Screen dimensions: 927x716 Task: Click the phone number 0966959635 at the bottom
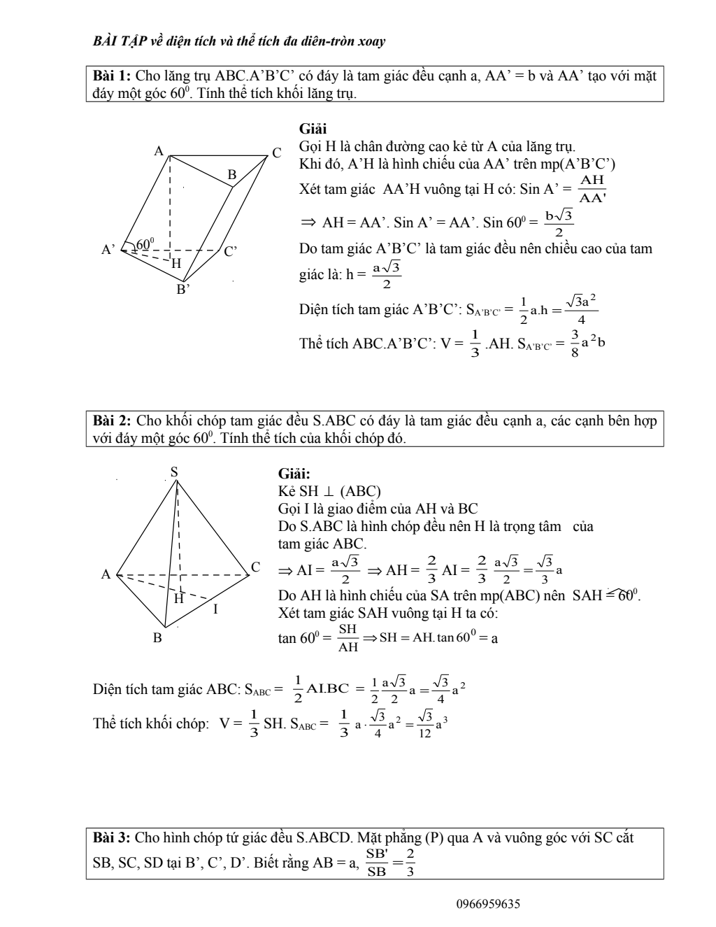tap(488, 904)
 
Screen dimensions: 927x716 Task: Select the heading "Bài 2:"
tap(113, 421)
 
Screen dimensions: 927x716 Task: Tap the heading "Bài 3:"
tap(112, 837)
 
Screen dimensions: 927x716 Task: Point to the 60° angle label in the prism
tap(145, 243)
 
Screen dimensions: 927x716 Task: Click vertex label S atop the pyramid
tap(175, 472)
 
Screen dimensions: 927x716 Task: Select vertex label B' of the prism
tap(182, 288)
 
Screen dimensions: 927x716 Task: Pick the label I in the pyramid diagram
tap(215, 609)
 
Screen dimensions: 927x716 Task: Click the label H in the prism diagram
tap(176, 263)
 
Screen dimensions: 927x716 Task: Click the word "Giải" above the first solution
tap(313, 129)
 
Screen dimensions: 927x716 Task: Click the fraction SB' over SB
tap(377, 863)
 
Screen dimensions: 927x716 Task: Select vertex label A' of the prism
tap(108, 249)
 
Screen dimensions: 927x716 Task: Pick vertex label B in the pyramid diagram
tap(158, 637)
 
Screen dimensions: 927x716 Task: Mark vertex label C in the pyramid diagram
tap(256, 567)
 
